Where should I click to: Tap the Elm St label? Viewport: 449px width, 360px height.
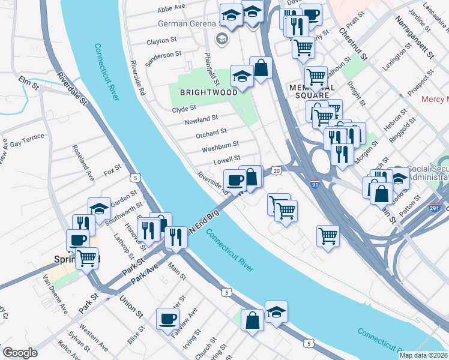pos(28,83)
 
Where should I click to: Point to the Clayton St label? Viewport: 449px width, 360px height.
pos(161,42)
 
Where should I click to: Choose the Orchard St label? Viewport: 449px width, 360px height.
pos(211,133)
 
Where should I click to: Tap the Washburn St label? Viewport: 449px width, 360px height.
pos(220,146)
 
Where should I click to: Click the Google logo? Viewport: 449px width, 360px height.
pos(20,353)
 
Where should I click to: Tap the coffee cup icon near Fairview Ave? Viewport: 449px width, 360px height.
pos(168,319)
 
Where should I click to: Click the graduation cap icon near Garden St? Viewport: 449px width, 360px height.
pos(100,208)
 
